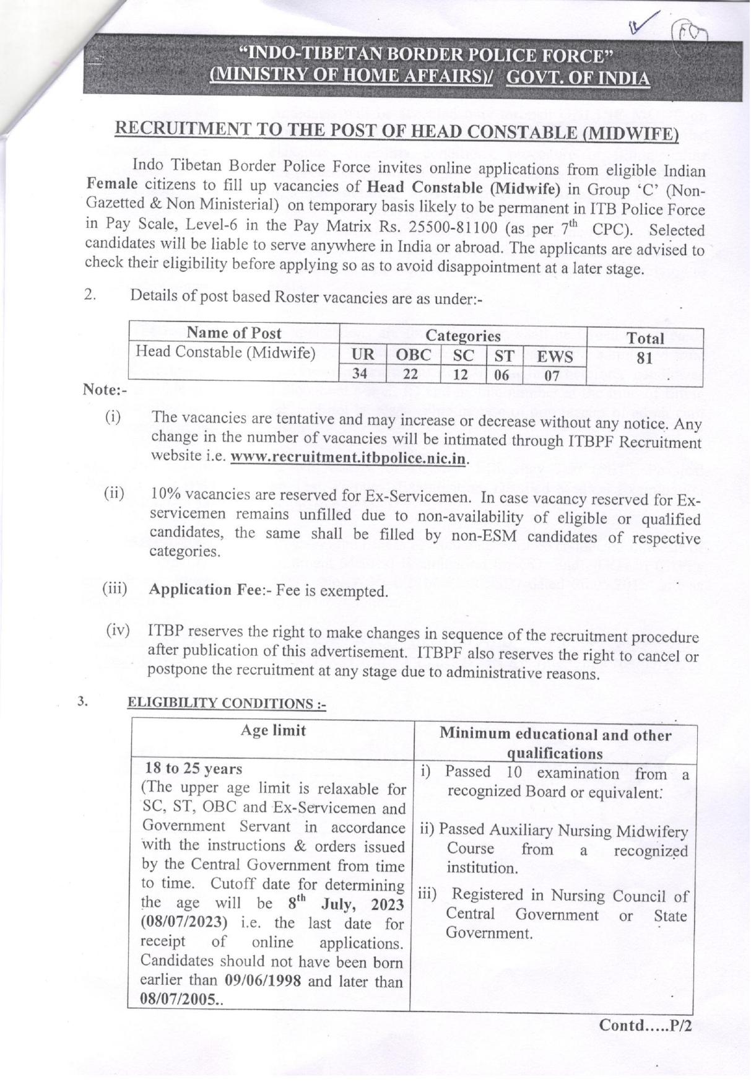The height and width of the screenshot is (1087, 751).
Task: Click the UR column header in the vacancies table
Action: coord(363,355)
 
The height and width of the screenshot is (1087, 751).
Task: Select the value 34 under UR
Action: coord(360,373)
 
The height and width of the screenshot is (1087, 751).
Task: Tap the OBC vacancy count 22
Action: coord(410,374)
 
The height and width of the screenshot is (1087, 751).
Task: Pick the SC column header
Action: coord(463,356)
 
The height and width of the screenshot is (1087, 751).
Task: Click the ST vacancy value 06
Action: coord(501,375)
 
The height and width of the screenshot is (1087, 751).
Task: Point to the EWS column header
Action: coord(554,357)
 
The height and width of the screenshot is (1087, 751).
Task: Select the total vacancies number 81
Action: coord(645,358)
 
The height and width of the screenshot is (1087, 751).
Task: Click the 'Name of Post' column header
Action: coord(234,333)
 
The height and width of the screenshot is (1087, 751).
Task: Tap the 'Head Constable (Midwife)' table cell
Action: coord(225,352)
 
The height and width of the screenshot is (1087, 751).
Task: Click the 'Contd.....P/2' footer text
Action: coord(645,1025)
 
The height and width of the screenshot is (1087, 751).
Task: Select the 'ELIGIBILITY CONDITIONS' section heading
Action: coord(226,703)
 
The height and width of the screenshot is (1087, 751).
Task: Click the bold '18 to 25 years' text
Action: coord(194,769)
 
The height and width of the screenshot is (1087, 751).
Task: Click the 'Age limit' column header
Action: coord(273,731)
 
